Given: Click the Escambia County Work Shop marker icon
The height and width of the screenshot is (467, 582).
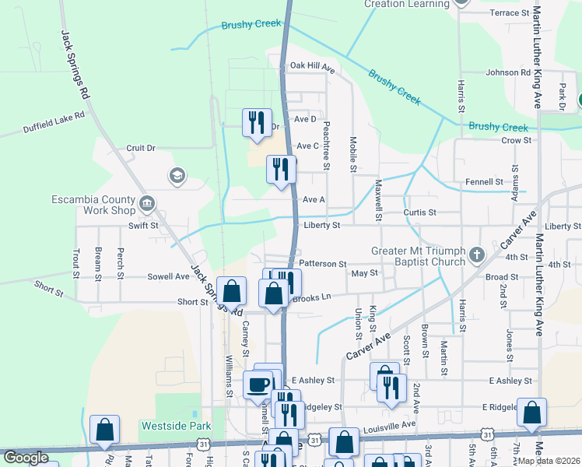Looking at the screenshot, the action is pyautogui.click(x=146, y=205).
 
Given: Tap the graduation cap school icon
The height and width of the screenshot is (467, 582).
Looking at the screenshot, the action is pyautogui.click(x=177, y=177).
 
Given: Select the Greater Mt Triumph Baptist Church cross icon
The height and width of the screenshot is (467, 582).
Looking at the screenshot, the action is pyautogui.click(x=477, y=255).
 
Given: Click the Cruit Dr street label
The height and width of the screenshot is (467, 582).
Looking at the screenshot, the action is pyautogui.click(x=141, y=148).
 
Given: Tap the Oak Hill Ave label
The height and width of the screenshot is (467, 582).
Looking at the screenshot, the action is pyautogui.click(x=311, y=67).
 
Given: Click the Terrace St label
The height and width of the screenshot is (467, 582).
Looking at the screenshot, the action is pyautogui.click(x=510, y=13).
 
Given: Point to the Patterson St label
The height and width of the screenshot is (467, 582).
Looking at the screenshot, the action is pyautogui.click(x=321, y=264).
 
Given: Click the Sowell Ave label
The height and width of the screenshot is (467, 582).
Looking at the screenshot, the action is pyautogui.click(x=169, y=276).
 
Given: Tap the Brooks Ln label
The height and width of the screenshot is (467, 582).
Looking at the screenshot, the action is pyautogui.click(x=312, y=297).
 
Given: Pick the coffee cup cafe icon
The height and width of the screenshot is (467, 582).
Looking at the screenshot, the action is pyautogui.click(x=258, y=383).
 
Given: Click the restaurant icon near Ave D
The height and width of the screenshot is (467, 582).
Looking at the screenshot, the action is pyautogui.click(x=257, y=121).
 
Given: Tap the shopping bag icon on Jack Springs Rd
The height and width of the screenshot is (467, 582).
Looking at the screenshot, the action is pyautogui.click(x=231, y=291).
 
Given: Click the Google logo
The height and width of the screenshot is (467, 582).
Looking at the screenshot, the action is pyautogui.click(x=26, y=458).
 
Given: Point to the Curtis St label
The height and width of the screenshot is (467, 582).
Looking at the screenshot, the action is pyautogui.click(x=419, y=212).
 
